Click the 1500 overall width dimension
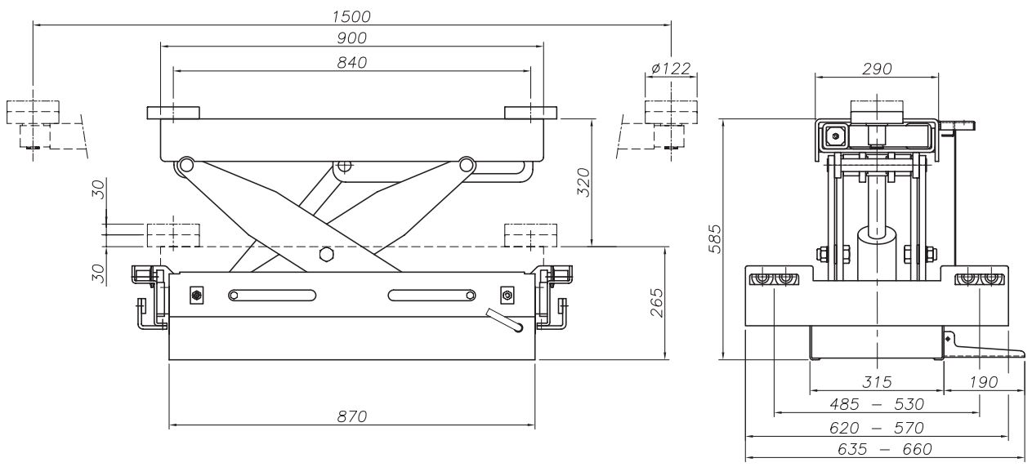click(x=351, y=16)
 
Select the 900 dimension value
click(x=351, y=38)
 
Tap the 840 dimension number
click(x=351, y=63)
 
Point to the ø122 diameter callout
click(x=670, y=69)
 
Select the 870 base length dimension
click(x=351, y=416)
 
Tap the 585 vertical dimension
click(x=714, y=238)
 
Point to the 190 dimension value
click(x=981, y=382)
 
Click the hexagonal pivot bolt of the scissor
click(x=326, y=254)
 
